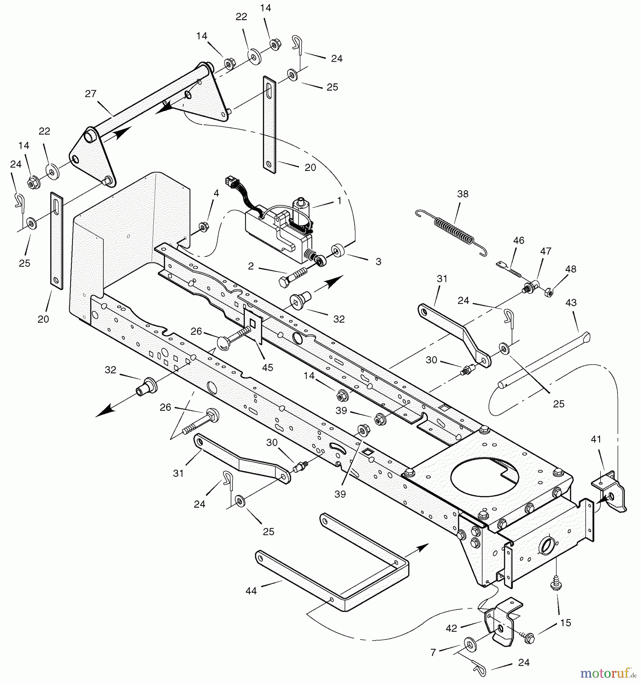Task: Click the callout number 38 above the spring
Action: (x=463, y=194)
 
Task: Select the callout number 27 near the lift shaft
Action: (x=91, y=94)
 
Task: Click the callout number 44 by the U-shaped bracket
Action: (x=251, y=591)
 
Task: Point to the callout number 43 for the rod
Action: (x=571, y=302)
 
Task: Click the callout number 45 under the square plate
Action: (x=267, y=367)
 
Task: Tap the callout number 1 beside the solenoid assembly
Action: (x=339, y=201)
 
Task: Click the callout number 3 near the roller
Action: (x=378, y=261)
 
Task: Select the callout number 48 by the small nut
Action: (x=570, y=269)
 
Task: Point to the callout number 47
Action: (x=546, y=251)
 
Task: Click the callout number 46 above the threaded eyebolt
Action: (x=518, y=240)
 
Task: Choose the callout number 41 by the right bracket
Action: (x=596, y=439)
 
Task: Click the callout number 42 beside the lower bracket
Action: (x=451, y=629)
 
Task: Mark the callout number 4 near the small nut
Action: (x=216, y=193)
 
